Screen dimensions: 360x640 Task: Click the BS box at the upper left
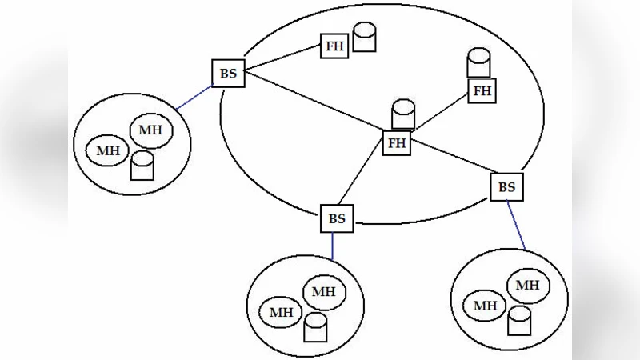pos(229,74)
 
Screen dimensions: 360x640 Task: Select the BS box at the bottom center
pos(338,218)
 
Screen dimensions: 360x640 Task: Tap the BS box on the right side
pos(506,187)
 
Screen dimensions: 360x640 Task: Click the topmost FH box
pos(334,46)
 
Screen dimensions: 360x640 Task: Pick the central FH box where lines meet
pos(397,143)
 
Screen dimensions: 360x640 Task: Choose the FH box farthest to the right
pos(482,90)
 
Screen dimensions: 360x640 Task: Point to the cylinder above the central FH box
pos(403,114)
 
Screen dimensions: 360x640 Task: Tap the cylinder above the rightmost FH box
pos(478,63)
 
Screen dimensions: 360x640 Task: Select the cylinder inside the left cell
pos(142,166)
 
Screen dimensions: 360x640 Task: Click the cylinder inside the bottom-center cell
pos(316,325)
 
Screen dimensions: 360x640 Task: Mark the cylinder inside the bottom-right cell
pos(519,321)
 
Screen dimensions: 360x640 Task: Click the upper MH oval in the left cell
pos(150,130)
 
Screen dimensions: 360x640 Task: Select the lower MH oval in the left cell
pos(107,150)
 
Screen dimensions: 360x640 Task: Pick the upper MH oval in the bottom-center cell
pos(324,291)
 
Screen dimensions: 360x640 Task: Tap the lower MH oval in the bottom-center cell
pos(281,312)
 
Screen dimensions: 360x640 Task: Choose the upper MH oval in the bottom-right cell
pos(527,285)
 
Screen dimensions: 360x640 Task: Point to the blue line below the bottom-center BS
pos(333,245)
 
